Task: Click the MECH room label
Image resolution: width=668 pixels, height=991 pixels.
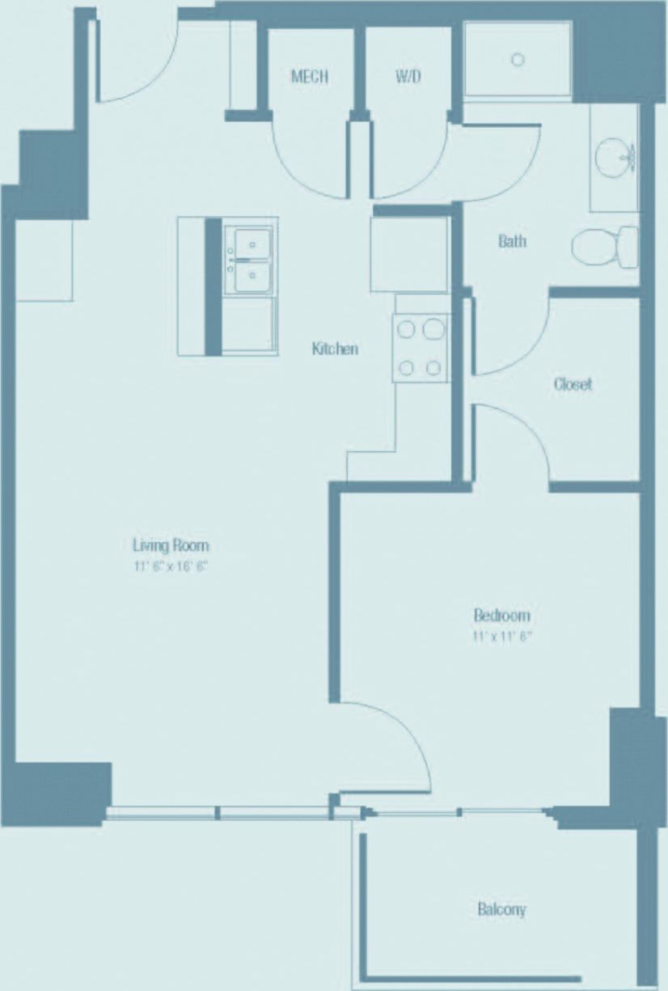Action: [x=310, y=77]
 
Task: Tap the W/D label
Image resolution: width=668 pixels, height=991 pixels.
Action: [x=408, y=77]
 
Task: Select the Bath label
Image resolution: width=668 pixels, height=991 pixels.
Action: [x=512, y=240]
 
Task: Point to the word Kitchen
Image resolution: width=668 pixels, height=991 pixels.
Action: [x=335, y=349]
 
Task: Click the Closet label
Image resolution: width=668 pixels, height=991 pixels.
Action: [x=573, y=383]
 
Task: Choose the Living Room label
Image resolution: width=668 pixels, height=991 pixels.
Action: [x=171, y=545]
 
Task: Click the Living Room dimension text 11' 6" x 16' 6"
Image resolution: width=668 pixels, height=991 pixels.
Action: [x=171, y=567]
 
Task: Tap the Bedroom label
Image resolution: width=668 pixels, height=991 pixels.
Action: [x=501, y=615]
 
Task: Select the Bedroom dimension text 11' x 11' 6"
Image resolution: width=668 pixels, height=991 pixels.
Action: [x=502, y=636]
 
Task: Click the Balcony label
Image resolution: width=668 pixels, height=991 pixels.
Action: [x=501, y=909]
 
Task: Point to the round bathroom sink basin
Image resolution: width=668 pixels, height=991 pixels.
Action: [x=614, y=154]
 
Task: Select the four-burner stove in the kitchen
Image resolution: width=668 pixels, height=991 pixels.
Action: [x=421, y=348]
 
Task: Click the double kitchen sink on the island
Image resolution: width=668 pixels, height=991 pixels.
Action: [x=250, y=259]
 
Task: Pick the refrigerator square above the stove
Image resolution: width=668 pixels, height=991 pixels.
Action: [x=409, y=254]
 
